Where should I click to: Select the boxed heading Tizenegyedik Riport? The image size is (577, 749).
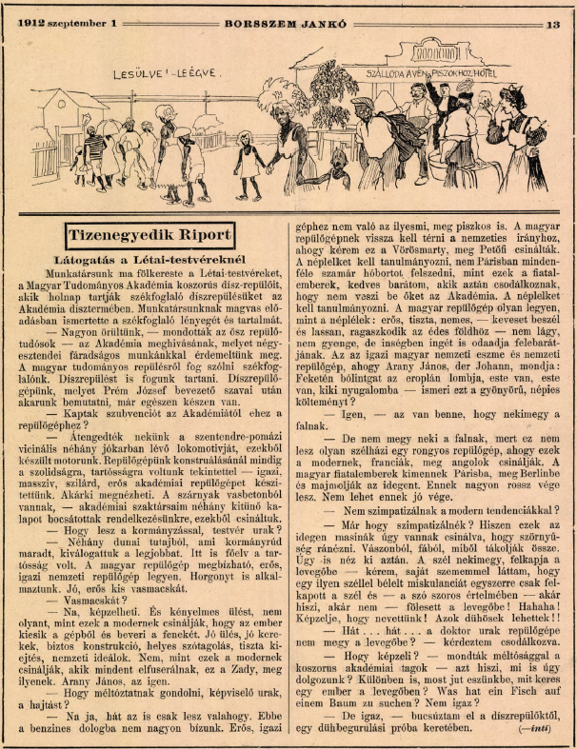point(149,234)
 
